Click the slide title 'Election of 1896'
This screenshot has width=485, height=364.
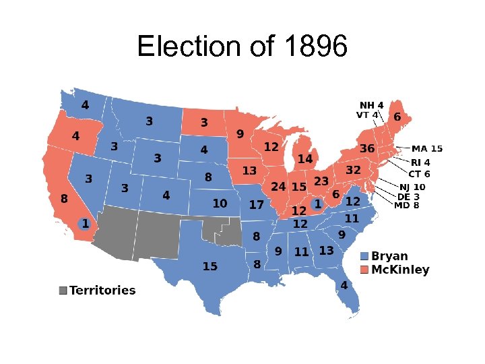tap(243, 47)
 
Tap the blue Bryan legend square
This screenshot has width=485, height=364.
tap(364, 256)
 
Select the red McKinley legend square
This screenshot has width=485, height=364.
tap(364, 270)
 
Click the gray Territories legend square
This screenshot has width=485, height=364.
tap(63, 291)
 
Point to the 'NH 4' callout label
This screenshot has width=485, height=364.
tap(371, 105)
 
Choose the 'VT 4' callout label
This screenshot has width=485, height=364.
tap(367, 115)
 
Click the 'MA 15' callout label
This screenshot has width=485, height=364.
tap(427, 148)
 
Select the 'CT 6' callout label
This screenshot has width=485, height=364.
tap(419, 173)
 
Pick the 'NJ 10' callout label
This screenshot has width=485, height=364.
tap(412, 187)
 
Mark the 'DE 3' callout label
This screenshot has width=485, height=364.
tap(408, 196)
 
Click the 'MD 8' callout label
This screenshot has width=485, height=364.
tap(406, 205)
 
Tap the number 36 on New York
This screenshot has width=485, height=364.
tap(367, 148)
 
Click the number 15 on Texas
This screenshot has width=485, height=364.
tap(210, 266)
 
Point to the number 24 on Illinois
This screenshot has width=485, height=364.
tap(278, 186)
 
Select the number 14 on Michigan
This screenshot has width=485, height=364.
tap(305, 159)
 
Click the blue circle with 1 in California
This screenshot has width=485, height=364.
tap(86, 223)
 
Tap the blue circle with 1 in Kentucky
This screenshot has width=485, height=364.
tap(317, 204)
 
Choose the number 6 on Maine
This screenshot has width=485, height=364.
tap(397, 117)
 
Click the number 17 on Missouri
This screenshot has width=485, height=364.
tap(256, 205)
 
